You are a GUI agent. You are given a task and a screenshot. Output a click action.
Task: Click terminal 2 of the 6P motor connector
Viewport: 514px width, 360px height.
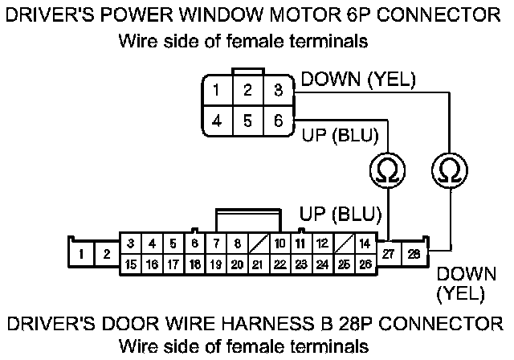[248, 90]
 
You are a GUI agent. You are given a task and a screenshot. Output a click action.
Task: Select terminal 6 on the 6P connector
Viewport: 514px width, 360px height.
[278, 121]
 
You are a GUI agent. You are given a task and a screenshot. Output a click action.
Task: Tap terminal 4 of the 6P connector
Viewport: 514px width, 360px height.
[218, 121]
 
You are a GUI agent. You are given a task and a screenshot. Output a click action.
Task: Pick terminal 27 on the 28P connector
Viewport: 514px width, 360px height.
[390, 254]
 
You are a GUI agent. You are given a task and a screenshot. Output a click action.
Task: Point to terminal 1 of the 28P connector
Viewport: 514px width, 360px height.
[83, 254]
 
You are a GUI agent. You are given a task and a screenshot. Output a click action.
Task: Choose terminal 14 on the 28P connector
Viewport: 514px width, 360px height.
[365, 243]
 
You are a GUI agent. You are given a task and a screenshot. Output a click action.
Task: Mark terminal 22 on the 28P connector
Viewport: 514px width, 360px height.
[279, 264]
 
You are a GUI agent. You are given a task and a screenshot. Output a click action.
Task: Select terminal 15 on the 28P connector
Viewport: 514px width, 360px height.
[130, 264]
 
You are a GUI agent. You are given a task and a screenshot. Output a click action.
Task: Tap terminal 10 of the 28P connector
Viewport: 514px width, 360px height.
[279, 243]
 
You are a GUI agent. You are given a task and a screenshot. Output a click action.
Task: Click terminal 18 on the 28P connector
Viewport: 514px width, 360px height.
[194, 264]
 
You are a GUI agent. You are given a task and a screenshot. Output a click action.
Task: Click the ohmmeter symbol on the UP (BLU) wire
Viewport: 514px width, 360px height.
[387, 169]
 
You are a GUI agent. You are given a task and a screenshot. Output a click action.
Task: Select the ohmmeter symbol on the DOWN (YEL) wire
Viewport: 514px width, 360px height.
[447, 169]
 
